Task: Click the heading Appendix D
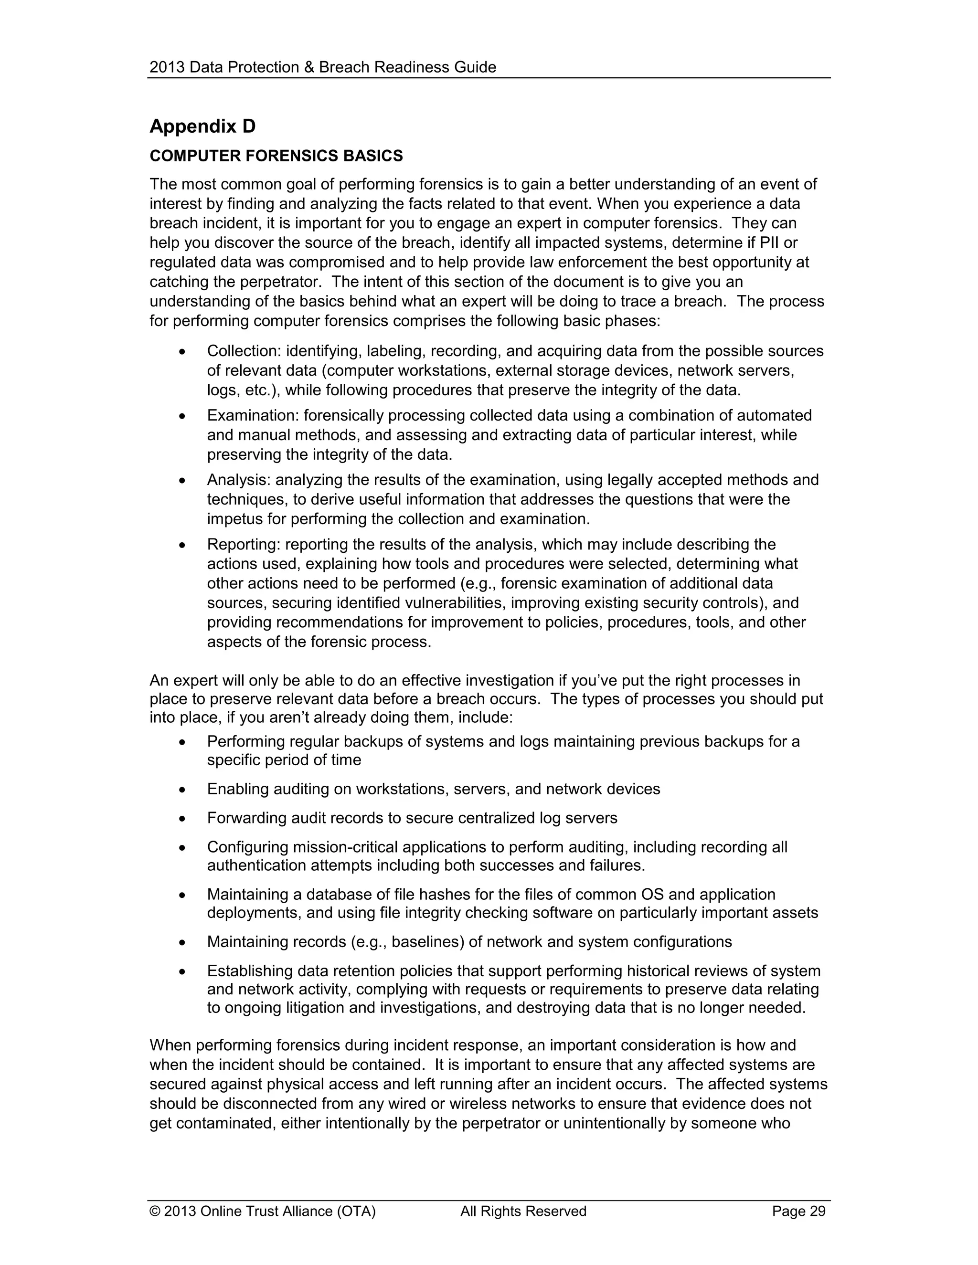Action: [202, 126]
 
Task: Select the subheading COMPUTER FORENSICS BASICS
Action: [276, 156]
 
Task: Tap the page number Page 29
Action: [798, 1211]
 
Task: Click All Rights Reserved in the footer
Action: [523, 1211]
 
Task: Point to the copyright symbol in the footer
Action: [155, 1211]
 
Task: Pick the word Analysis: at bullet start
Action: [239, 480]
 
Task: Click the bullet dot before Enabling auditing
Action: [182, 790]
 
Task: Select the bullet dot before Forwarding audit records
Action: [182, 818]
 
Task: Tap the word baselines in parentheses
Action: [427, 942]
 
